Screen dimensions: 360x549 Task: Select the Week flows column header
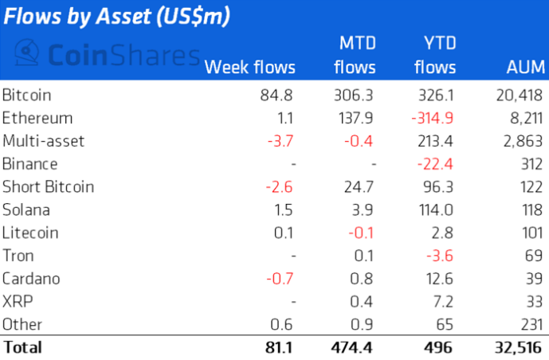pos(249,67)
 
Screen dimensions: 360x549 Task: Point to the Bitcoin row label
pos(27,96)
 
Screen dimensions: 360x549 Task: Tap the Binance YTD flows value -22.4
pos(438,164)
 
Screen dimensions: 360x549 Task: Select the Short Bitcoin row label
pos(48,187)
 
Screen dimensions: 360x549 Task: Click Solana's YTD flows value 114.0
pos(438,210)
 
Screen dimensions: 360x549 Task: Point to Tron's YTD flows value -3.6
pos(442,256)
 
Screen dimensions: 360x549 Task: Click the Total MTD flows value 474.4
pos(355,347)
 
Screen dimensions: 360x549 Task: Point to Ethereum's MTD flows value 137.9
pos(356,119)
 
